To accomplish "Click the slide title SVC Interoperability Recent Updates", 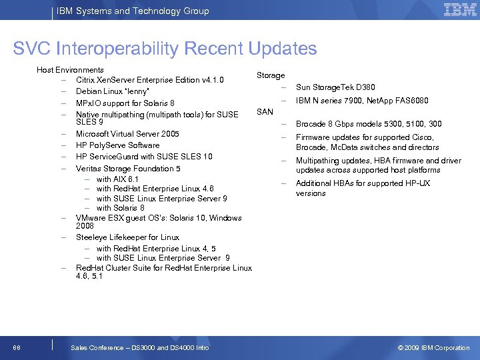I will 165,49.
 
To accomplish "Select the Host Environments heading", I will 70,70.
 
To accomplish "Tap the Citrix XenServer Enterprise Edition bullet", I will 149,81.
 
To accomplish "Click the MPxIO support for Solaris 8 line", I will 125,103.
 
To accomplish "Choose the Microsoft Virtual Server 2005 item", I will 127,134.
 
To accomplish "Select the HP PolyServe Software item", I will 118,145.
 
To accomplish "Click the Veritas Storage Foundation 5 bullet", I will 128,169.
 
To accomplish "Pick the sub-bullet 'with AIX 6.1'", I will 117,179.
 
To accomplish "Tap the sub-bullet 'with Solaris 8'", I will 120,208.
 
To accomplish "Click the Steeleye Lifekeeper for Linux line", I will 127,237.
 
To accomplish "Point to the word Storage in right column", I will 271,76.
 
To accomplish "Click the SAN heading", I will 265,112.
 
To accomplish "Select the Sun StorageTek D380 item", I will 335,87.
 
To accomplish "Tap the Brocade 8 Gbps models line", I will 369,124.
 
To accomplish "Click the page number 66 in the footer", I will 16,347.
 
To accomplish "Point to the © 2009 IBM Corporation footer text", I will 433,347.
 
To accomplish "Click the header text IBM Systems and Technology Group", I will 133,11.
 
